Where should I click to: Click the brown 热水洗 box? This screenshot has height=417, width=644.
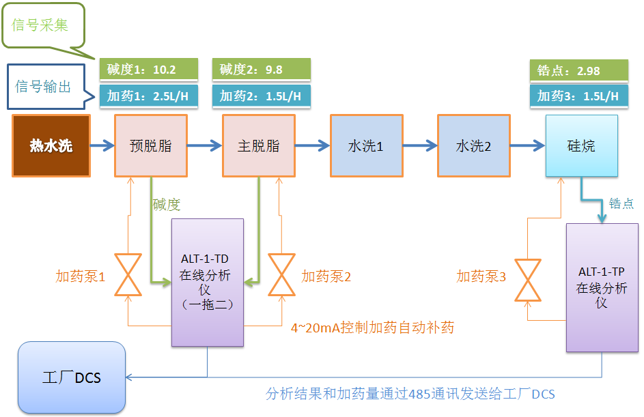pyautogui.click(x=51, y=145)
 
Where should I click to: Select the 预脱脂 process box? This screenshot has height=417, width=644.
pyautogui.click(x=150, y=145)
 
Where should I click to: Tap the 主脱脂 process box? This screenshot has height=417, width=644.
pyautogui.click(x=258, y=145)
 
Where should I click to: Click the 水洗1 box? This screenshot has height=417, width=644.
pyautogui.click(x=366, y=145)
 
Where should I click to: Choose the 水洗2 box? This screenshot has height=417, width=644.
pyautogui.click(x=474, y=145)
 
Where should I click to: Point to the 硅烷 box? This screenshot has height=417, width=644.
pyautogui.click(x=581, y=145)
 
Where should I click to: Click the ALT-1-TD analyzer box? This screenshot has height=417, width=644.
pyautogui.click(x=207, y=282)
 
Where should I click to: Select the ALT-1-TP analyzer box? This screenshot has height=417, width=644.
pyautogui.click(x=602, y=287)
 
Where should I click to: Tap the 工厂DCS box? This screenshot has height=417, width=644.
pyautogui.click(x=72, y=377)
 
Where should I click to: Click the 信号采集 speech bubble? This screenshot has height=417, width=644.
pyautogui.click(x=44, y=25)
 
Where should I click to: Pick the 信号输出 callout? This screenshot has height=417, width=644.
pyautogui.click(x=44, y=87)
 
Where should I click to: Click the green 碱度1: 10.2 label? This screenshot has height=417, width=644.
pyautogui.click(x=149, y=70)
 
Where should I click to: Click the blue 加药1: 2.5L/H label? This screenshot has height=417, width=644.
pyautogui.click(x=149, y=96)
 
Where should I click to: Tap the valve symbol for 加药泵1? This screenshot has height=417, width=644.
pyautogui.click(x=128, y=275)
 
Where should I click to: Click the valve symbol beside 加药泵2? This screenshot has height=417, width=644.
pyautogui.click(x=281, y=275)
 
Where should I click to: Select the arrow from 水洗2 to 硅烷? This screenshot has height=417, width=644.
pyautogui.click(x=527, y=145)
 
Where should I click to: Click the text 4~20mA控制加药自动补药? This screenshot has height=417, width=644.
pyautogui.click(x=372, y=328)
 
